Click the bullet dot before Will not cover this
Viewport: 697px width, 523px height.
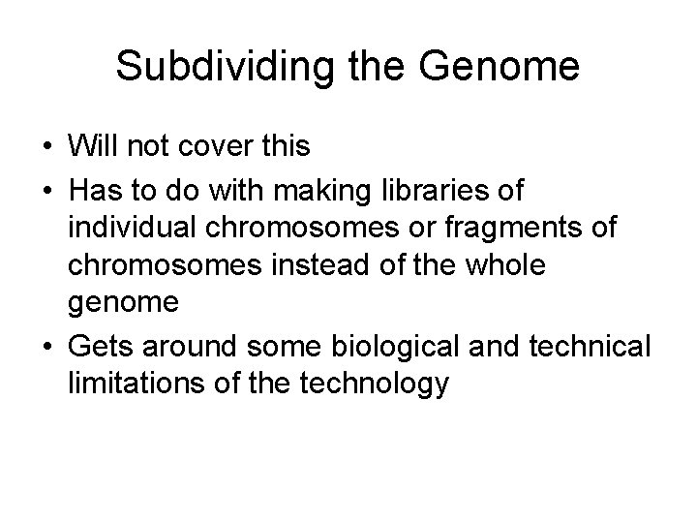point(46,146)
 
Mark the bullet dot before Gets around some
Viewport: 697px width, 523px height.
point(46,347)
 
